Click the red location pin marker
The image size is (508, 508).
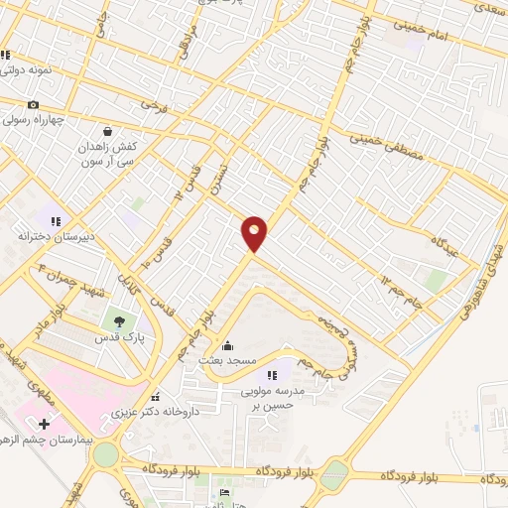click(255, 232)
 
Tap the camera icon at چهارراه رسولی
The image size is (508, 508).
click(33, 105)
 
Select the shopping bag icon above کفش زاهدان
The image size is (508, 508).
click(107, 131)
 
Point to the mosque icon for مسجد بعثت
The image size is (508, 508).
click(229, 346)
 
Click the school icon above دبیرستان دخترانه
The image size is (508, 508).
click(57, 221)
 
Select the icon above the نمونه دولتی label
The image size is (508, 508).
click(6, 56)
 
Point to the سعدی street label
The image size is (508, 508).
click(487, 7)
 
